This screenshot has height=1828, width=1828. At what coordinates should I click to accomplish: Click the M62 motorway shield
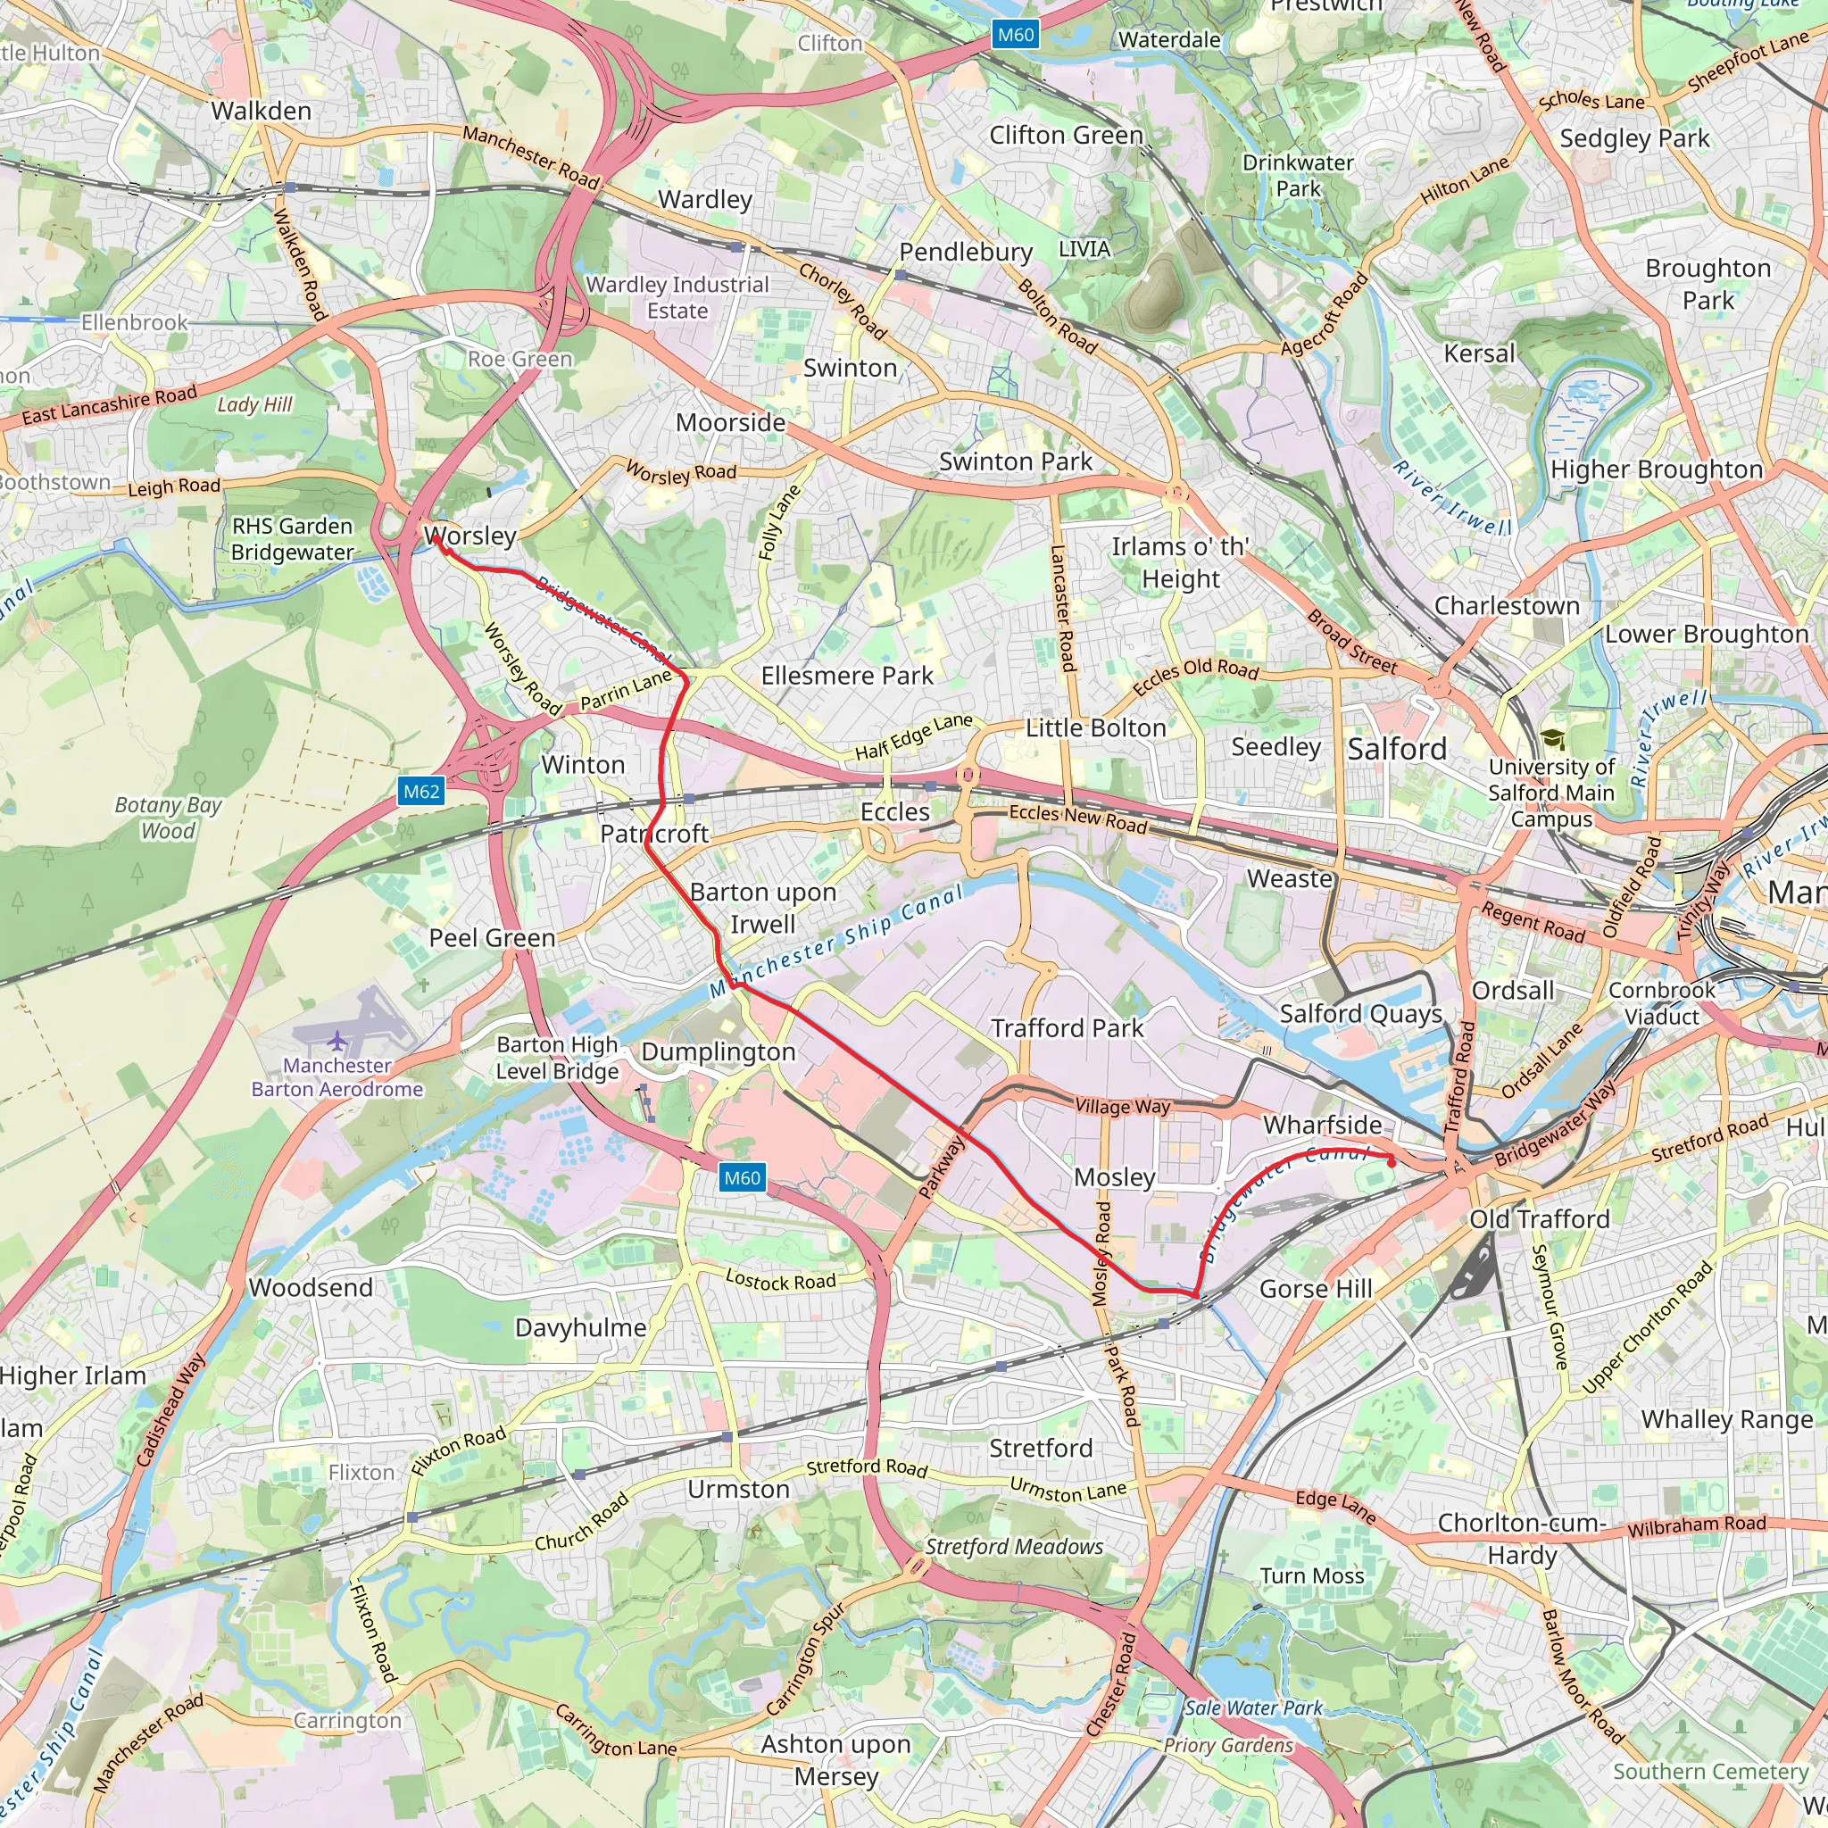click(421, 791)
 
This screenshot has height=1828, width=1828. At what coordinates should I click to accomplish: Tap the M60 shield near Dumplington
click(742, 1177)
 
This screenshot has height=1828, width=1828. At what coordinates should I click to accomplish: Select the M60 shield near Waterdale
click(1015, 35)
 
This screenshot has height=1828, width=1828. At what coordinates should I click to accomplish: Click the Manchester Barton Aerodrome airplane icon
click(337, 1041)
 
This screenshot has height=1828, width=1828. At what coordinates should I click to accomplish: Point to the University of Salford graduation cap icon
click(1551, 739)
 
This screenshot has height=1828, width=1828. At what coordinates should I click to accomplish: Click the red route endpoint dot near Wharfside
click(1391, 1162)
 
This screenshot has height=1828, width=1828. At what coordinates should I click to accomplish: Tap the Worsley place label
click(470, 536)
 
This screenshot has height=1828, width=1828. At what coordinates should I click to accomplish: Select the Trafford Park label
click(1067, 1027)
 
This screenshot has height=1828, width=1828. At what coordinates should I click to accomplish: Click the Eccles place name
click(894, 812)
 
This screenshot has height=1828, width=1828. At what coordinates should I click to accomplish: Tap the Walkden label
click(262, 111)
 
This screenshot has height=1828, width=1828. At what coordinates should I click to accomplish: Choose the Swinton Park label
click(1015, 461)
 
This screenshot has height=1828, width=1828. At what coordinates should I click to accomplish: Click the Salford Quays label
click(1360, 1013)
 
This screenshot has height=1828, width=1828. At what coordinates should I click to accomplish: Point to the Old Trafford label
click(1540, 1218)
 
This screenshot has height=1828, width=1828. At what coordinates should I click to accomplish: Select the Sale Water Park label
click(1252, 1708)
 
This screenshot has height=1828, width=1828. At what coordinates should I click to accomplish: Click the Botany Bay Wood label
click(168, 818)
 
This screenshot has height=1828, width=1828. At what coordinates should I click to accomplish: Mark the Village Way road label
click(1122, 1106)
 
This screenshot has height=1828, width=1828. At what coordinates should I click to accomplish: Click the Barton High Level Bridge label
click(557, 1058)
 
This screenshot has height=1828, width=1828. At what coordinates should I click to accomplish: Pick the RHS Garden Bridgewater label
click(293, 539)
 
